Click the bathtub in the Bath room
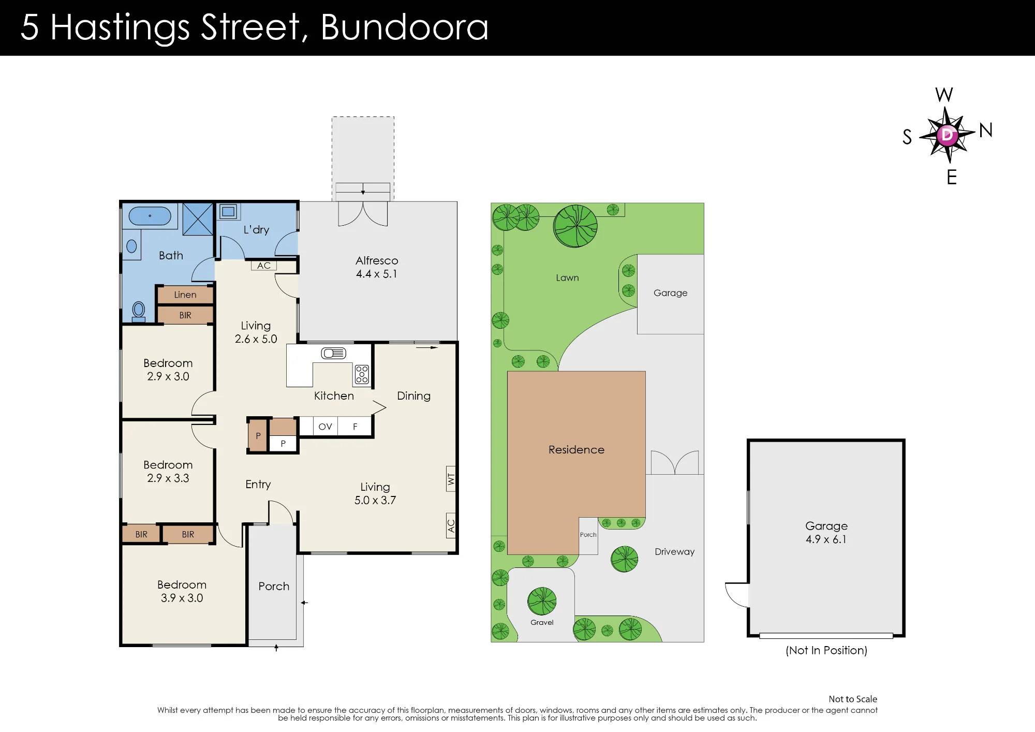[x=150, y=216]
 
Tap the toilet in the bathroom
[x=139, y=312]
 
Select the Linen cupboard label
[x=185, y=295]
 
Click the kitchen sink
[x=333, y=354]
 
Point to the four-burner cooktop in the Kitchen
[x=362, y=374]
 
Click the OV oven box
[x=325, y=427]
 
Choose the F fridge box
[x=355, y=427]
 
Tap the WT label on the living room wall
[x=451, y=479]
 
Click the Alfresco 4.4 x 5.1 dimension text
[x=376, y=274]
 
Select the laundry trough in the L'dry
[x=228, y=211]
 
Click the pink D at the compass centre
[x=947, y=135]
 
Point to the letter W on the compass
[x=944, y=95]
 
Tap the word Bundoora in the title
[x=404, y=27]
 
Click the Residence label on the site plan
[x=576, y=450]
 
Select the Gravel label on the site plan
[x=542, y=622]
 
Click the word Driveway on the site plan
[x=675, y=552]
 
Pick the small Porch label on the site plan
[x=588, y=535]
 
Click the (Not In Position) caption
[x=826, y=650]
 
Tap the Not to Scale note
[x=853, y=699]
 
